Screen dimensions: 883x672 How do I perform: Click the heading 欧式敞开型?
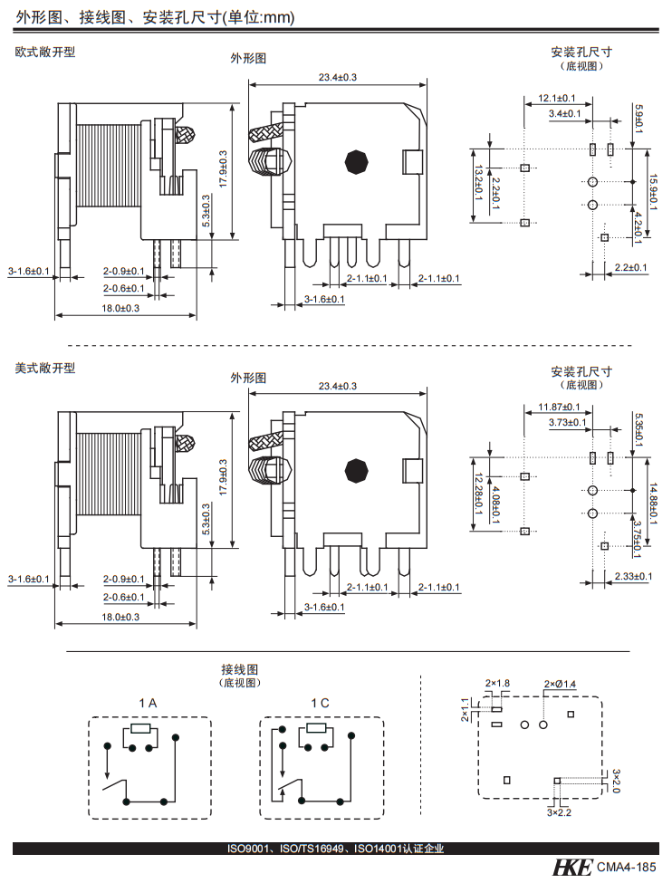(45, 53)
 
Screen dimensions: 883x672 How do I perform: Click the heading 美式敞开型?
(45, 369)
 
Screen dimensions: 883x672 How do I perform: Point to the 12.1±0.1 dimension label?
(552, 98)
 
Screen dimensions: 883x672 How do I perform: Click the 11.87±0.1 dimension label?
(555, 408)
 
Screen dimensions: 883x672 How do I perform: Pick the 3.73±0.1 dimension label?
(568, 422)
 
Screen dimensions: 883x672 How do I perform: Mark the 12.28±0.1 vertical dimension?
(477, 493)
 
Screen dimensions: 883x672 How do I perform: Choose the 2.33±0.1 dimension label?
(629, 576)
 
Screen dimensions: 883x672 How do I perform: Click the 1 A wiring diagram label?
(148, 704)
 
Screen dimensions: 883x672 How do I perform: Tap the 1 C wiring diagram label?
(320, 704)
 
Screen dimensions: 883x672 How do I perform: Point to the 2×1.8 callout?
(497, 683)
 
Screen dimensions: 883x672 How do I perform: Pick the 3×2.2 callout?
(559, 813)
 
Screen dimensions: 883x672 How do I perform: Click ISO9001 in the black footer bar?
(246, 849)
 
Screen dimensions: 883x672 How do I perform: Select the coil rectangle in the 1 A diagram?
(140, 729)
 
